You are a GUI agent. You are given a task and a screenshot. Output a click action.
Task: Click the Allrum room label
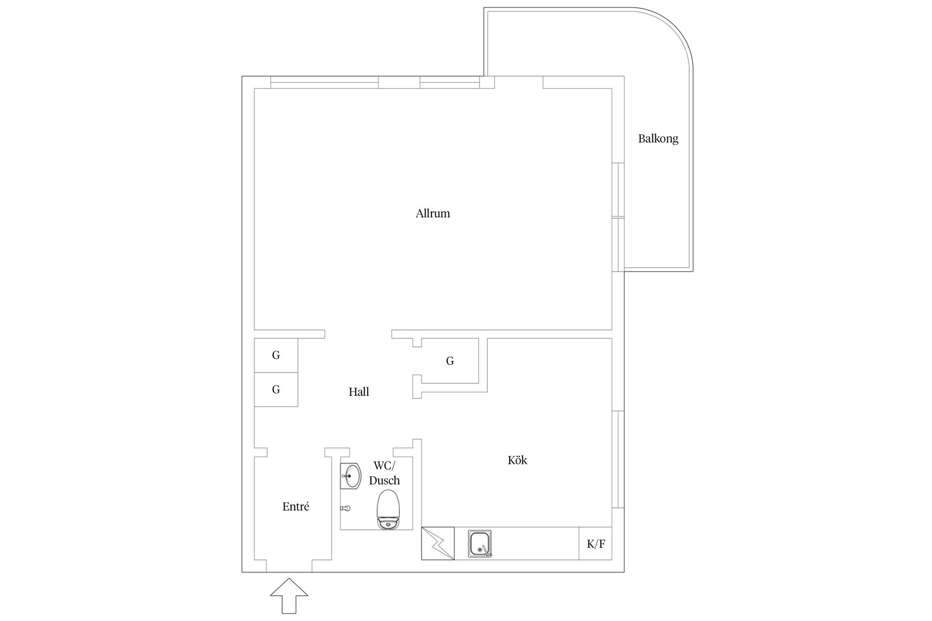pyautogui.click(x=433, y=213)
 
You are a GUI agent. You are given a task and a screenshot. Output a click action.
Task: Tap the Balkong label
pyautogui.click(x=658, y=139)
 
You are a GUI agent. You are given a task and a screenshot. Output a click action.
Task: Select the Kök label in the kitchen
pyautogui.click(x=517, y=460)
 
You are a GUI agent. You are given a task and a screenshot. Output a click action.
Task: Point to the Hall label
pyautogui.click(x=359, y=392)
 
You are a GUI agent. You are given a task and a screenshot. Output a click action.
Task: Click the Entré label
pyautogui.click(x=296, y=507)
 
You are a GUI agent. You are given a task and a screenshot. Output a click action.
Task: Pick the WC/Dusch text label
pyautogui.click(x=384, y=473)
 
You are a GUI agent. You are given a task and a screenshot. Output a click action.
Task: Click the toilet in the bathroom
pyautogui.click(x=388, y=509)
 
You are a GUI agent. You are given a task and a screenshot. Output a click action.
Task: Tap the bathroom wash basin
pyautogui.click(x=350, y=476)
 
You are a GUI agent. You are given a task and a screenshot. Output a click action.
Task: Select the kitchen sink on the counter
pyautogui.click(x=480, y=543)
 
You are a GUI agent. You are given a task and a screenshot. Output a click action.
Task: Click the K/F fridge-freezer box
pyautogui.click(x=595, y=543)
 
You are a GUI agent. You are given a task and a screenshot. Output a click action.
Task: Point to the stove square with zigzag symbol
pyautogui.click(x=438, y=543)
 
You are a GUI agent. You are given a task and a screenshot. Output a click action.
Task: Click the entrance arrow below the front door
pyautogui.click(x=289, y=596)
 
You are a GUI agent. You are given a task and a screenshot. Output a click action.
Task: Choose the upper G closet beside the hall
pyautogui.click(x=276, y=356)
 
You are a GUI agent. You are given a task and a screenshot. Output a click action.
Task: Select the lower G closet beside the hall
pyautogui.click(x=276, y=390)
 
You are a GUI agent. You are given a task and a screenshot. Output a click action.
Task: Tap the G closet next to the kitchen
pyautogui.click(x=450, y=361)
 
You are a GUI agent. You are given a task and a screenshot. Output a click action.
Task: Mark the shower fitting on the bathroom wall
pyautogui.click(x=345, y=508)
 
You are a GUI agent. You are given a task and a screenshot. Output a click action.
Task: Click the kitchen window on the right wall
pyautogui.click(x=617, y=459)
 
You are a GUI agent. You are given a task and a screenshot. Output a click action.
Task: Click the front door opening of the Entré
pyautogui.click(x=289, y=566)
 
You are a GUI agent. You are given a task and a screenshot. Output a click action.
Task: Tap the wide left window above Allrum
pyautogui.click(x=324, y=82)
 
